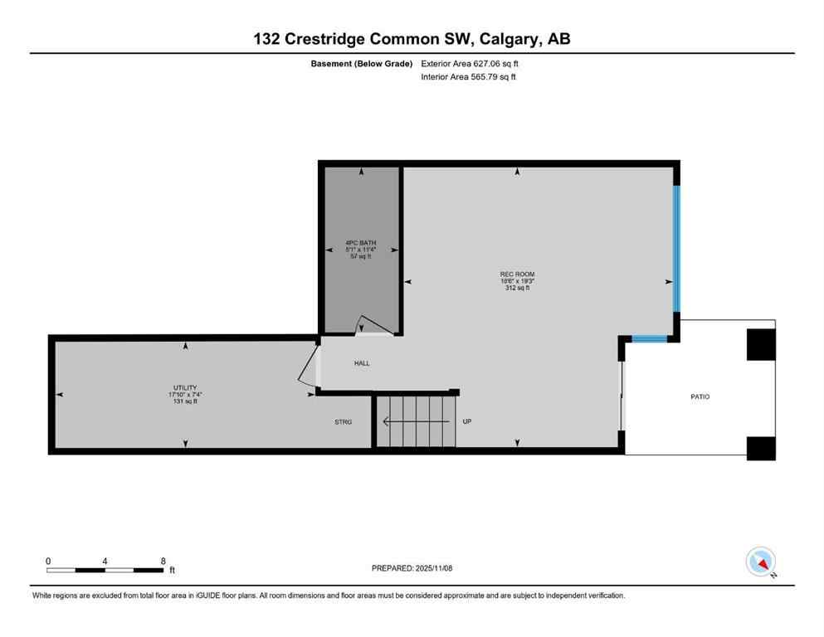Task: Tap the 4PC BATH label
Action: (361, 243)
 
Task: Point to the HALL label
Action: (362, 363)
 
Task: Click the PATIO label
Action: (700, 396)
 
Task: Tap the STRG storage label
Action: (343, 422)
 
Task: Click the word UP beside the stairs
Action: (466, 421)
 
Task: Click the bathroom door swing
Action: (372, 326)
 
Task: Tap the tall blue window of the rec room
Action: (676, 247)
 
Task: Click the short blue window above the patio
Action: (649, 338)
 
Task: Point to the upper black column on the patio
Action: (761, 344)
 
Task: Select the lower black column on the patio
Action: (761, 447)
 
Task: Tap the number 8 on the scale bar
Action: (161, 561)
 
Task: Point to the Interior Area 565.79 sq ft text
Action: (469, 77)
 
